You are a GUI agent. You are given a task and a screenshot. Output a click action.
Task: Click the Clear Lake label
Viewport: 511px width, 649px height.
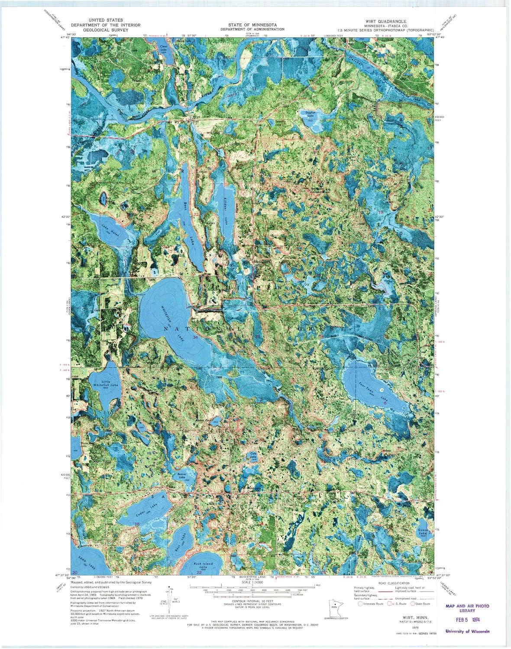(163, 48)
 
